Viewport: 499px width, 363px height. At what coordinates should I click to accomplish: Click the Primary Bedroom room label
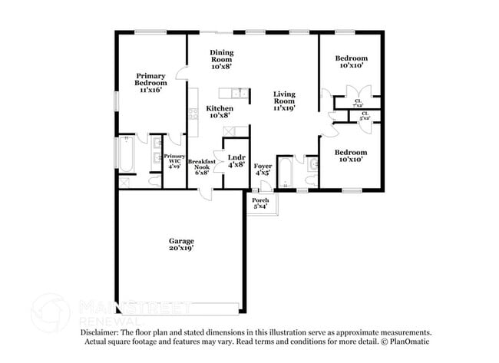(x=150, y=83)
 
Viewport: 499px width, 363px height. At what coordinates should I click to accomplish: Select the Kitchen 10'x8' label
(x=220, y=112)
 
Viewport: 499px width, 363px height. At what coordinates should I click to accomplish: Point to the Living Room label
(x=284, y=101)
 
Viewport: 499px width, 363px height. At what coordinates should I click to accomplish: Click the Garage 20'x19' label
(x=181, y=245)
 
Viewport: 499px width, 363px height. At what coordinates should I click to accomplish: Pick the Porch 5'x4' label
(x=261, y=203)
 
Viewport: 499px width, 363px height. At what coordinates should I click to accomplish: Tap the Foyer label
(x=263, y=170)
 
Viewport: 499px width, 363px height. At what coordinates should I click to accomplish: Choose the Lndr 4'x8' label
(x=236, y=161)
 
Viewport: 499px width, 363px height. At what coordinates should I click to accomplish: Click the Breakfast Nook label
(x=202, y=167)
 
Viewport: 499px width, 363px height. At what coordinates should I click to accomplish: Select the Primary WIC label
(x=174, y=160)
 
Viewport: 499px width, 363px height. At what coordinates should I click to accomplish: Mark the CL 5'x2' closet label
(x=365, y=117)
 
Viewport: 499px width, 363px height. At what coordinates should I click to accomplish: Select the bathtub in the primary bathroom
(x=126, y=153)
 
